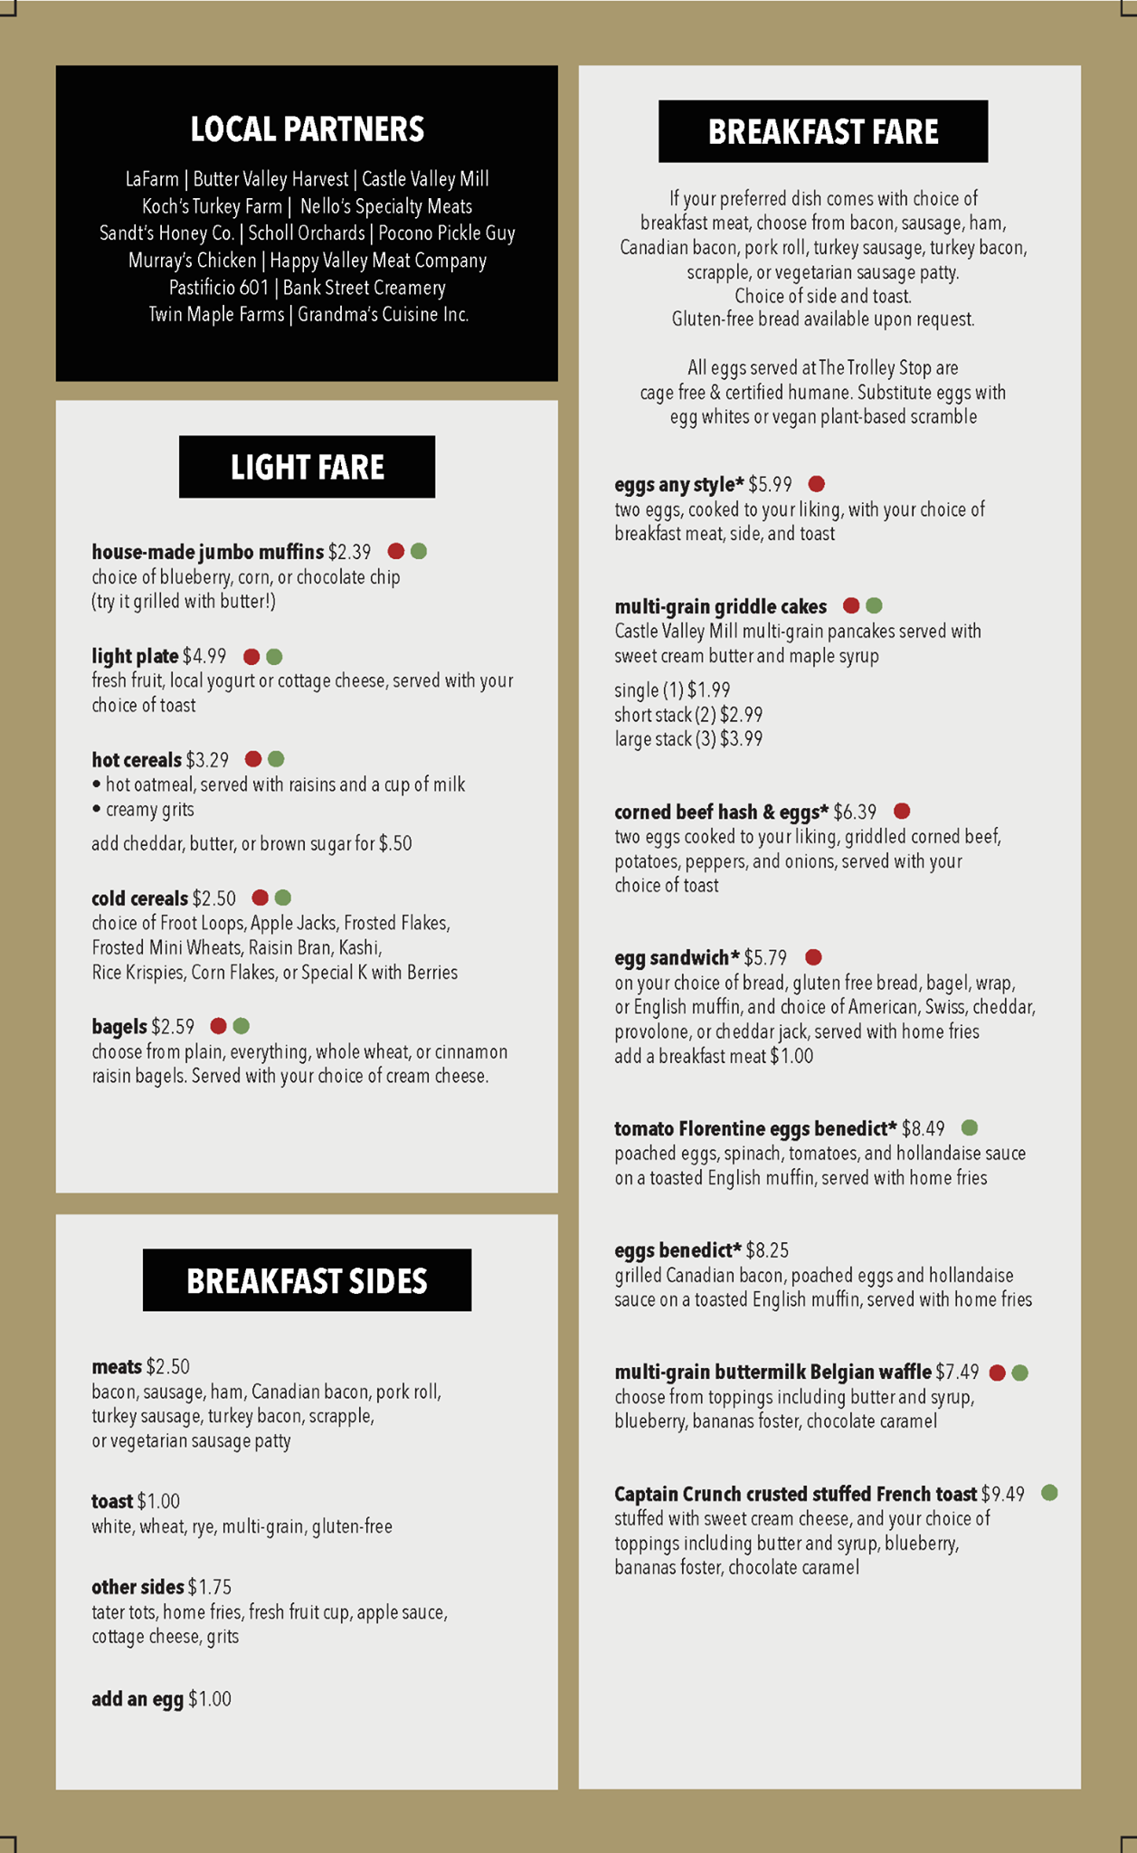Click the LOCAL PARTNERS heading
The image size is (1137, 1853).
pyautogui.click(x=307, y=129)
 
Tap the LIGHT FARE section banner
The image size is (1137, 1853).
pyautogui.click(x=307, y=467)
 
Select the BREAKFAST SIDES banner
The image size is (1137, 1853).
pyautogui.click(x=307, y=1280)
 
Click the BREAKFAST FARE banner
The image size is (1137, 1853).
pyautogui.click(x=823, y=132)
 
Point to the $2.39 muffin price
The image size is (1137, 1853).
pyautogui.click(x=349, y=552)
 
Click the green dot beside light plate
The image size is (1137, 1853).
pyautogui.click(x=275, y=657)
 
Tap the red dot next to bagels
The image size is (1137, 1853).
pyautogui.click(x=218, y=1026)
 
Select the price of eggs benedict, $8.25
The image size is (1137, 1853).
pyautogui.click(x=767, y=1250)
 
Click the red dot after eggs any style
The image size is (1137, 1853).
pyautogui.click(x=816, y=484)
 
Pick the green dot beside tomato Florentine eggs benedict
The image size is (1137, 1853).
pyautogui.click(x=969, y=1128)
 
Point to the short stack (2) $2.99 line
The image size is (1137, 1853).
pyautogui.click(x=688, y=715)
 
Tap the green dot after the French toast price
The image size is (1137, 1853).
pyautogui.click(x=1049, y=1493)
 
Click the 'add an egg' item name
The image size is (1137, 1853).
pyautogui.click(x=137, y=1699)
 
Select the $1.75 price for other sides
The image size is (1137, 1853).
pyautogui.click(x=210, y=1587)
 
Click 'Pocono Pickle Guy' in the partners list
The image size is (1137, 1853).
pyautogui.click(x=446, y=233)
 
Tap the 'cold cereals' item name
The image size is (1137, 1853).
pyautogui.click(x=139, y=898)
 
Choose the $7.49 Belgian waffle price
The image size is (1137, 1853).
pyautogui.click(x=957, y=1373)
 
